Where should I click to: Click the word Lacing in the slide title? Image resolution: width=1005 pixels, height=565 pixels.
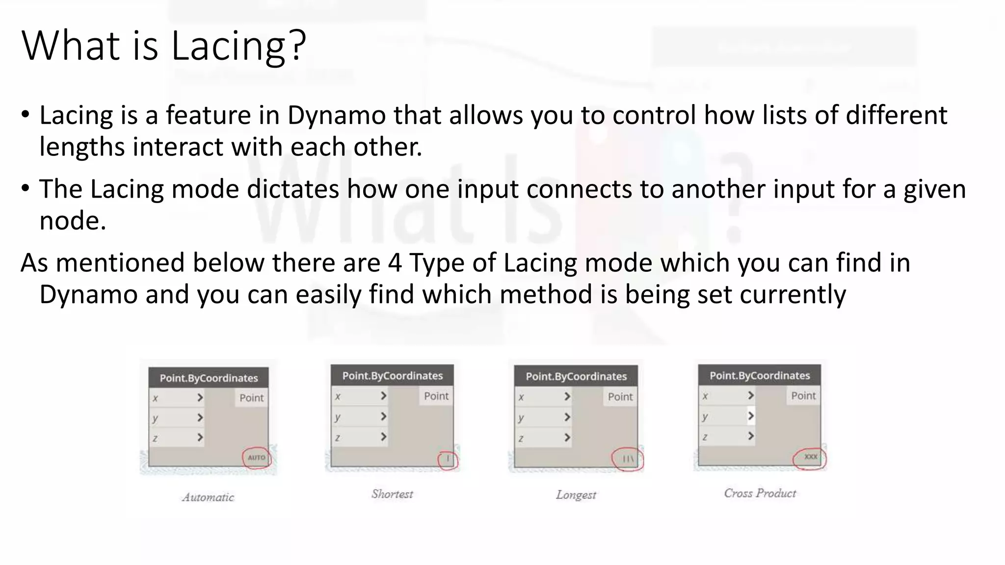click(x=228, y=46)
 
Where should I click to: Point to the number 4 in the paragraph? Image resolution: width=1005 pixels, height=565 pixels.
click(x=395, y=263)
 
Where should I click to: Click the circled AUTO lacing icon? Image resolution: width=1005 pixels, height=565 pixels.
click(x=256, y=458)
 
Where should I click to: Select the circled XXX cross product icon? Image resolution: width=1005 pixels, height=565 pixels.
click(x=810, y=457)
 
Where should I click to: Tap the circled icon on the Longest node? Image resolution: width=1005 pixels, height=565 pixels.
click(x=628, y=459)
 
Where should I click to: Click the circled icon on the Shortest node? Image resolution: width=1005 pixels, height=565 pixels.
click(x=448, y=460)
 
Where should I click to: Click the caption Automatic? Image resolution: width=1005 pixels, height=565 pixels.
click(x=208, y=497)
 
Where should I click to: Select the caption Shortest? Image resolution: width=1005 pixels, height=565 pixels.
click(x=392, y=494)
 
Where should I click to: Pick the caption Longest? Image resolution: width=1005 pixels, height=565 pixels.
click(x=576, y=495)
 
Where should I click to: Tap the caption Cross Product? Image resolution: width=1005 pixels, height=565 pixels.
click(x=760, y=493)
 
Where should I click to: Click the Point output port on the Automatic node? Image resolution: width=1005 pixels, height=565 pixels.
click(x=251, y=398)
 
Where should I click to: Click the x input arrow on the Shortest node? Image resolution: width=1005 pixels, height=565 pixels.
click(x=383, y=396)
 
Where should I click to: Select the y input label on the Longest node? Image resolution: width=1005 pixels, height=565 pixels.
click(x=521, y=417)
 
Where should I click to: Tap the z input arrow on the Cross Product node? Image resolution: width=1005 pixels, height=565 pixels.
click(x=750, y=436)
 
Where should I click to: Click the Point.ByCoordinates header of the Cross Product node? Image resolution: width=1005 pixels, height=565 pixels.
click(x=759, y=376)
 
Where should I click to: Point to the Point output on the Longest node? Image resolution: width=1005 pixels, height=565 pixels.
click(x=620, y=397)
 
